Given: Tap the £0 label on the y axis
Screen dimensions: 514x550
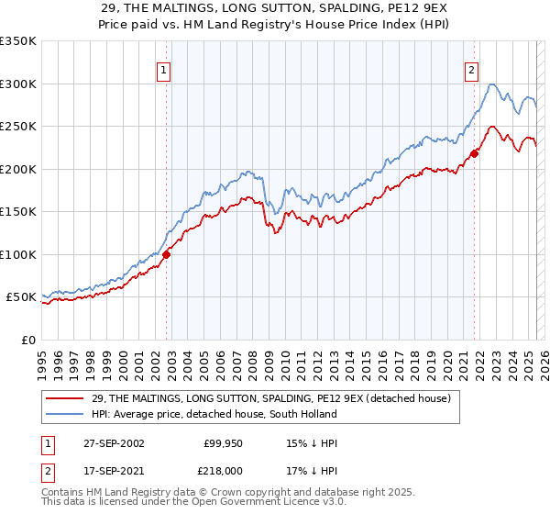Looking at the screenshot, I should coord(27,340).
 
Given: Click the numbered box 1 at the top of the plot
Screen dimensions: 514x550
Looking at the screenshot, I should coord(163,70).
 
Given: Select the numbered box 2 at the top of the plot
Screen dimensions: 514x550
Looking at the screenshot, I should coord(471,70).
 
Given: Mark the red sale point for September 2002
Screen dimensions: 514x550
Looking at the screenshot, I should coord(167,255).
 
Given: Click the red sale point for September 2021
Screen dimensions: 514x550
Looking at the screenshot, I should coord(475,153).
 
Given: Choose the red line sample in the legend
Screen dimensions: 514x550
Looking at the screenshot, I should coord(65,399).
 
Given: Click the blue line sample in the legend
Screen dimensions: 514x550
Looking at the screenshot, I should coord(65,414).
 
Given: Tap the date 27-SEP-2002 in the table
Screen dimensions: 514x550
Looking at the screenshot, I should coord(113,443).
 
